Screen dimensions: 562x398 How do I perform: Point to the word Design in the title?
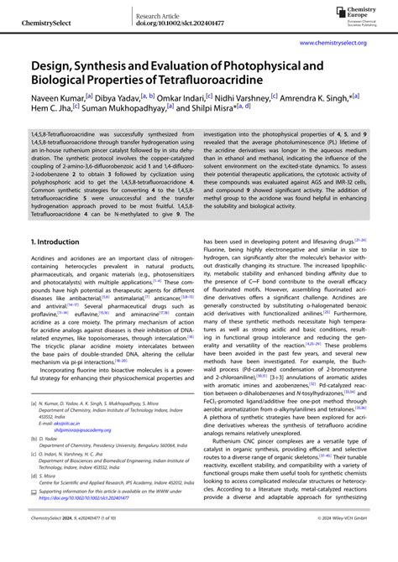click(x=52, y=64)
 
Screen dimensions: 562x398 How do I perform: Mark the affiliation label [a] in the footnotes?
click(x=34, y=403)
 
